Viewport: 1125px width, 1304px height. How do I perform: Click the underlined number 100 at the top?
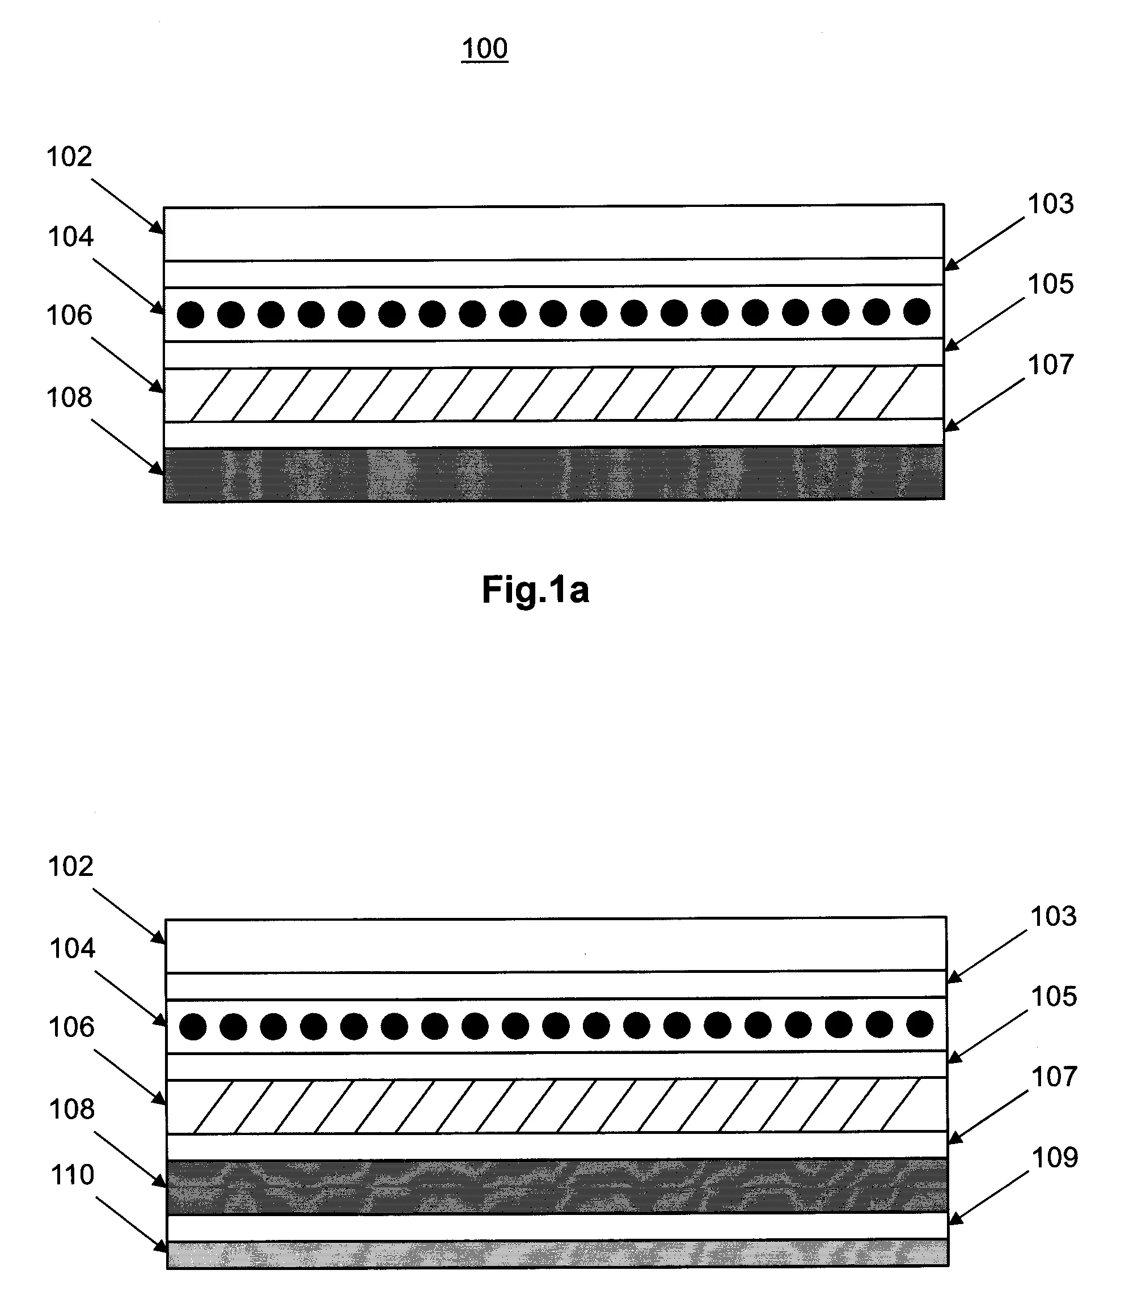click(x=484, y=48)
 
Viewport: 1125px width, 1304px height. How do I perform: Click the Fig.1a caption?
click(x=535, y=590)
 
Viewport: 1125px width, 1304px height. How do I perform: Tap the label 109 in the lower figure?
click(x=1055, y=1157)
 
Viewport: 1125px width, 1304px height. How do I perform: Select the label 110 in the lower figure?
click(x=73, y=1175)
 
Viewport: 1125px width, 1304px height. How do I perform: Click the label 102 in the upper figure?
click(x=70, y=156)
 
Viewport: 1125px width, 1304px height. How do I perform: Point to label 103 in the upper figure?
click(x=1051, y=204)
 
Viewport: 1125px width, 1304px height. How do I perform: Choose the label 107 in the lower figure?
click(x=1053, y=1077)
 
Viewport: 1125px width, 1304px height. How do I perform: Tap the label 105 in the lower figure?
click(x=1053, y=996)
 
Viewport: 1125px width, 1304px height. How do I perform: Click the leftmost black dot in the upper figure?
click(x=191, y=315)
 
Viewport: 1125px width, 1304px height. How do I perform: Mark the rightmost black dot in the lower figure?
click(x=919, y=1024)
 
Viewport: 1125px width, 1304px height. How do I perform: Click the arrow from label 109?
click(x=988, y=1197)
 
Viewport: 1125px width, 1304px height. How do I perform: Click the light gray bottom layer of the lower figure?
click(x=557, y=1253)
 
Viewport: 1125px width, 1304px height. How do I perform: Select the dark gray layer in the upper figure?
click(x=554, y=473)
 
